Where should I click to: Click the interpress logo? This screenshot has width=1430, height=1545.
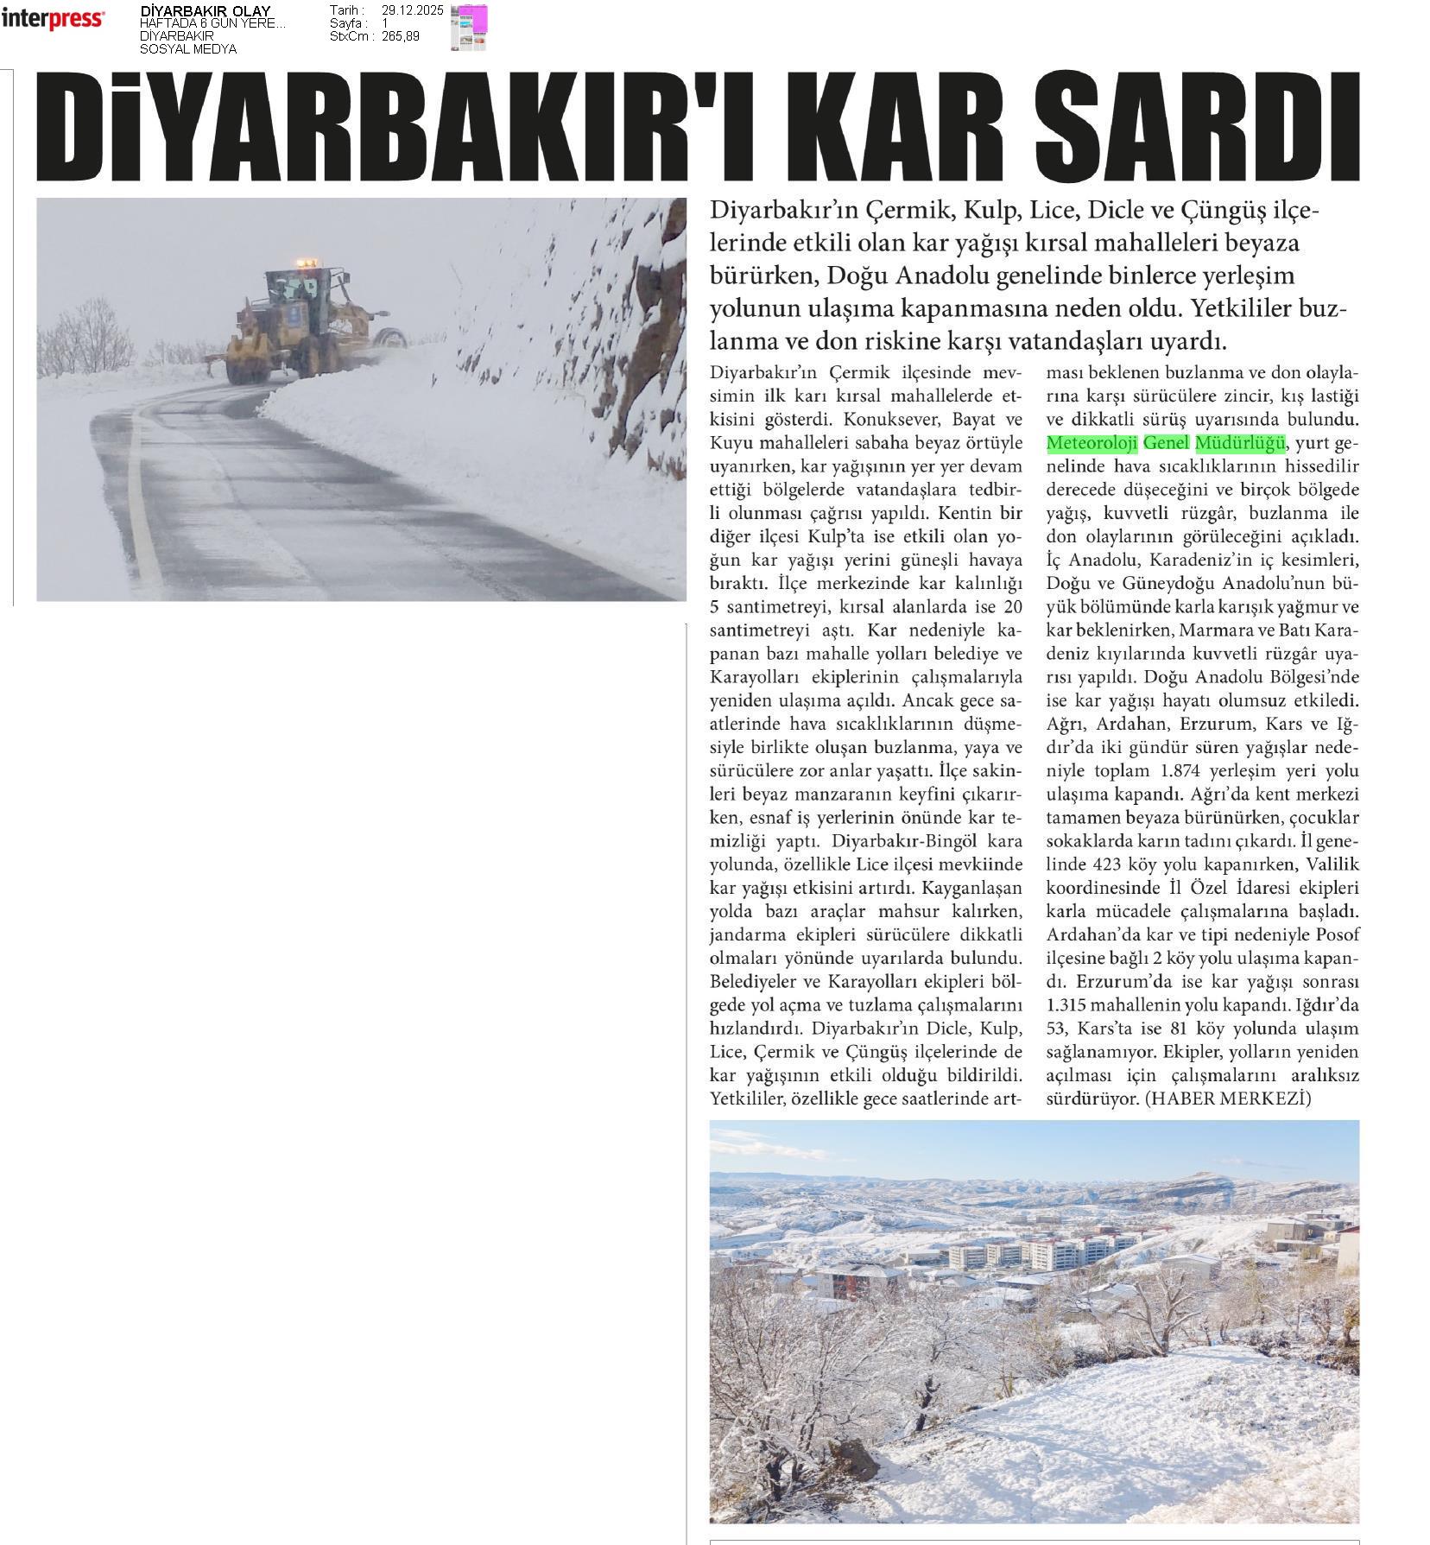click(53, 19)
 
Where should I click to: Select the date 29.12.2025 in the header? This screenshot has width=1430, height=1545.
click(412, 10)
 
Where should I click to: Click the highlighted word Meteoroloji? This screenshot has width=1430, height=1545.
click(1091, 444)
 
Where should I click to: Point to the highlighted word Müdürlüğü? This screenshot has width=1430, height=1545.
click(1240, 444)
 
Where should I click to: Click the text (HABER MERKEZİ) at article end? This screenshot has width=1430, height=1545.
click(1227, 1099)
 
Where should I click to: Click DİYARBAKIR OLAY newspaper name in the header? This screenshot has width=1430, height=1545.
click(206, 11)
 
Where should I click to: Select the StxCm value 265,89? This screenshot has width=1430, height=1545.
click(400, 36)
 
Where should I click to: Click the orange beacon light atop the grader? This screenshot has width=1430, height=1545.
click(302, 262)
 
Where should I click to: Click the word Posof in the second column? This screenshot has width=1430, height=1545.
click(1337, 934)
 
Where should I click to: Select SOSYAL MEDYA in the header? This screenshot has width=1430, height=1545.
click(188, 49)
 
